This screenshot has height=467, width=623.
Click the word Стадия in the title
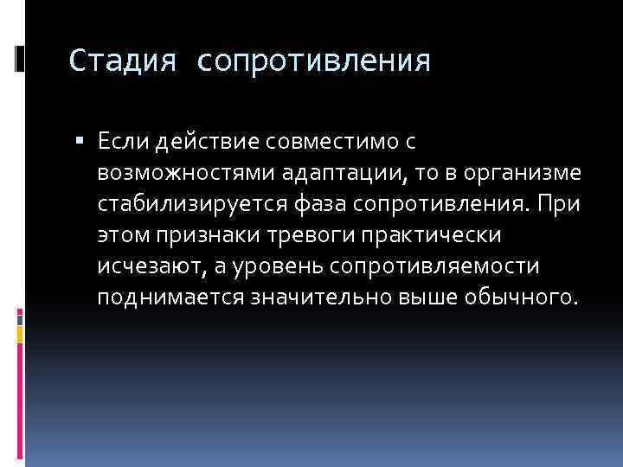coord(124,61)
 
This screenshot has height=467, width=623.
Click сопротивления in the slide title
coord(313,61)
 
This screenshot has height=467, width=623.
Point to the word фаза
coord(313,203)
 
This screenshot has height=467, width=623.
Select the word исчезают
coord(149,265)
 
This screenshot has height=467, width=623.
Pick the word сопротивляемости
coord(440,265)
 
